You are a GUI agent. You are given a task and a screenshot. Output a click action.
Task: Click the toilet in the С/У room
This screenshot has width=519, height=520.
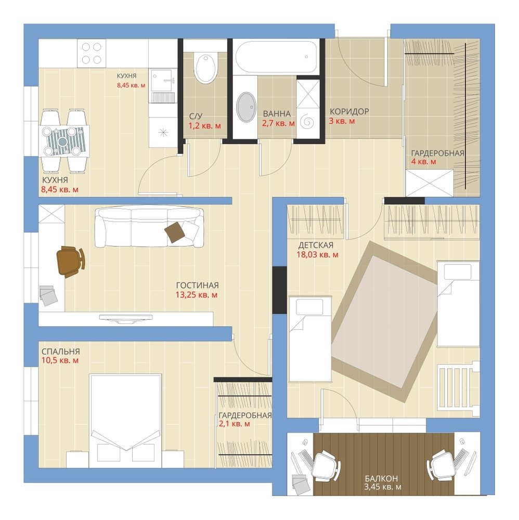tap(206, 68)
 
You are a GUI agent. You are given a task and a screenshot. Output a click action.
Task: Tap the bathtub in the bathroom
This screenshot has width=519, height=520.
tap(276, 57)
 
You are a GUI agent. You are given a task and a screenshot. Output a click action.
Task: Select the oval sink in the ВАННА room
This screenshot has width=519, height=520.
tap(246, 107)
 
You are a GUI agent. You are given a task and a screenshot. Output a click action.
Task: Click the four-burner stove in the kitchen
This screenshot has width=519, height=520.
tap(92, 53)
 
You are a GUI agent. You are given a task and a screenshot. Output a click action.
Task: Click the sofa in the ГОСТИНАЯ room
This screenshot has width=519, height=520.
tap(149, 227)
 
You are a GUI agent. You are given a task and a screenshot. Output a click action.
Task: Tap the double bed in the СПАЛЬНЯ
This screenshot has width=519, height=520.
tap(125, 421)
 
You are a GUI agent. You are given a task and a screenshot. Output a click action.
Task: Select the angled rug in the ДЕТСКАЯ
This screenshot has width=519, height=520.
tap(385, 321)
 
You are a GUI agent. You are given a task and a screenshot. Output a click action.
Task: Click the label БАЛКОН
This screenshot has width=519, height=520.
tap(381, 478)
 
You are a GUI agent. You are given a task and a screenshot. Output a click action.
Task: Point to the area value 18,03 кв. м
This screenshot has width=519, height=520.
tap(317, 255)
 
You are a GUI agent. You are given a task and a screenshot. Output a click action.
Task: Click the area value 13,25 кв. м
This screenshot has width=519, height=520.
tap(197, 294)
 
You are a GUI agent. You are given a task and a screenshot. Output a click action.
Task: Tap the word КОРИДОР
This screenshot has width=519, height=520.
tap(349, 111)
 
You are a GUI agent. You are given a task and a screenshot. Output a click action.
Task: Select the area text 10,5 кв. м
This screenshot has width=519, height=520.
tap(60, 360)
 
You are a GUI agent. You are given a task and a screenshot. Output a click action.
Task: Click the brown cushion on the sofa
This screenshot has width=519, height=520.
tap(174, 231)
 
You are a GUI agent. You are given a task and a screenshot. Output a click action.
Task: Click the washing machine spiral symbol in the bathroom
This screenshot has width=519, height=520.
tap(307, 122)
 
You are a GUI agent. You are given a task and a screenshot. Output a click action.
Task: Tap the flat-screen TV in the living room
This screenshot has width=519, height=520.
tap(126, 318)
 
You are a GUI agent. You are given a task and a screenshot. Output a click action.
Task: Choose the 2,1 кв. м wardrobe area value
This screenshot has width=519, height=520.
tap(234, 423)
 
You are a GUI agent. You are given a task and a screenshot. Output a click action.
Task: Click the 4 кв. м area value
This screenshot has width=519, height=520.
tap(423, 162)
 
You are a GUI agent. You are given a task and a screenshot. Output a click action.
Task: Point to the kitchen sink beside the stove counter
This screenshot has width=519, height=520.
tap(163, 80)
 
